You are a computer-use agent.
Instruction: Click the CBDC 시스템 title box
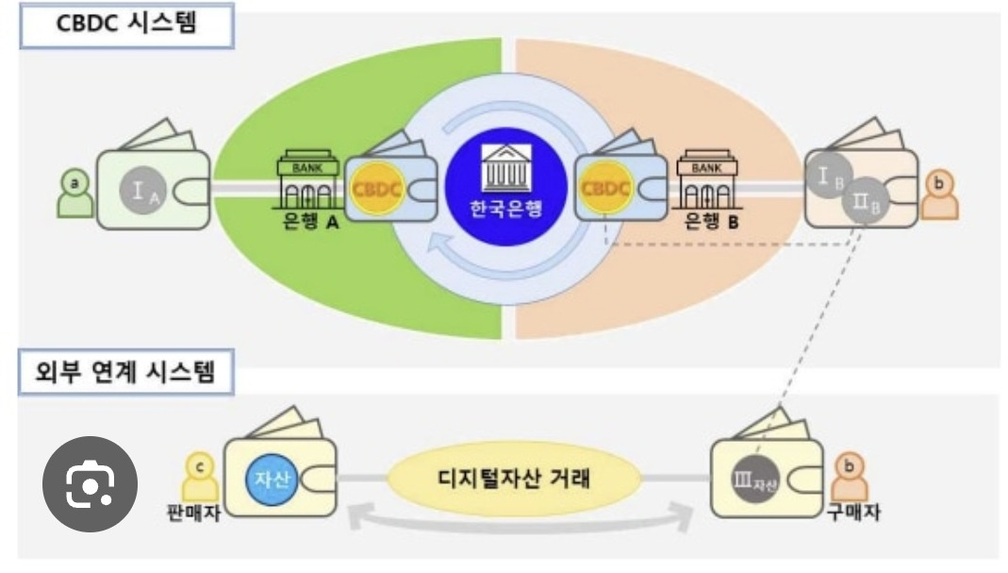[x=124, y=25]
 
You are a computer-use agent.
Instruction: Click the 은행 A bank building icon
[x=307, y=181]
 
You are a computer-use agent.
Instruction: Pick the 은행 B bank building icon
[x=706, y=180]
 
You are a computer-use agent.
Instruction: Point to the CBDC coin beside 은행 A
[x=377, y=188]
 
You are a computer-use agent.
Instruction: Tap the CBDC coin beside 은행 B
[x=605, y=187]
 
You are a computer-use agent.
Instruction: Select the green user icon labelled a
[x=75, y=193]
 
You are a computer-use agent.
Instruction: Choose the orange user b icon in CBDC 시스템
[x=939, y=192]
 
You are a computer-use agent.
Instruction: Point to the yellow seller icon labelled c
[x=199, y=480]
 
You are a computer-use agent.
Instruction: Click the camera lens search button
[x=90, y=483]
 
